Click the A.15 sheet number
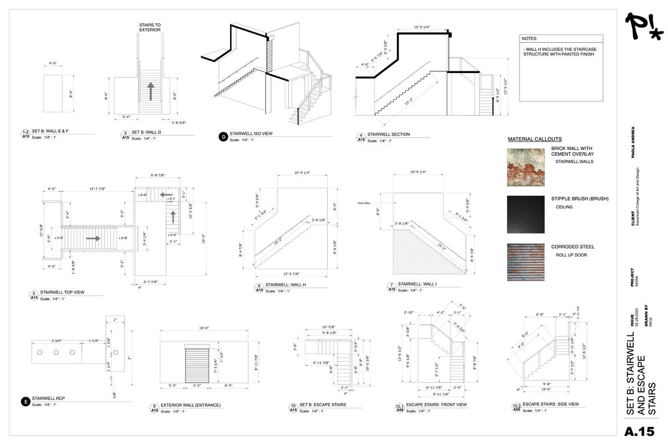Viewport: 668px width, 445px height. pyautogui.click(x=639, y=431)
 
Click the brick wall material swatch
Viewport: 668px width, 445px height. pyautogui.click(x=526, y=167)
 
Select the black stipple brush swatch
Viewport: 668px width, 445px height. pyautogui.click(x=526, y=215)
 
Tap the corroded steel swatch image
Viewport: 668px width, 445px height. pyautogui.click(x=526, y=262)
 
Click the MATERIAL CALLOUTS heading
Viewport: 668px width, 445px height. pyautogui.click(x=534, y=139)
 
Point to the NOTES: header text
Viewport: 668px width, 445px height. pyautogui.click(x=529, y=39)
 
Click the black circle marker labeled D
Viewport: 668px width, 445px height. pyautogui.click(x=223, y=136)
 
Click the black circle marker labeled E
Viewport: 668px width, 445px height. pyautogui.click(x=25, y=402)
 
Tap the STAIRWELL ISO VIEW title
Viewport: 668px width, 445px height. pyautogui.click(x=251, y=133)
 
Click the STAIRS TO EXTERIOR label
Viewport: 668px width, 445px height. pyautogui.click(x=150, y=27)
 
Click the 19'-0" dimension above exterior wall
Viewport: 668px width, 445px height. pyautogui.click(x=203, y=328)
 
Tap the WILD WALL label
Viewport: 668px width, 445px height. pyautogui.click(x=364, y=203)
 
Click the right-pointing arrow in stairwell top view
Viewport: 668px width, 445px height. pyautogui.click(x=93, y=238)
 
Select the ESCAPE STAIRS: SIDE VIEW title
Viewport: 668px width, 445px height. pyautogui.click(x=550, y=404)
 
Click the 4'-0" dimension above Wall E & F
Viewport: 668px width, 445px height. pyautogui.click(x=53, y=63)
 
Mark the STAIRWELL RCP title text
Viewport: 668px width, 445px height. pyautogui.click(x=50, y=398)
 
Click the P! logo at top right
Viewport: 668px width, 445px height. pyautogui.click(x=643, y=27)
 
